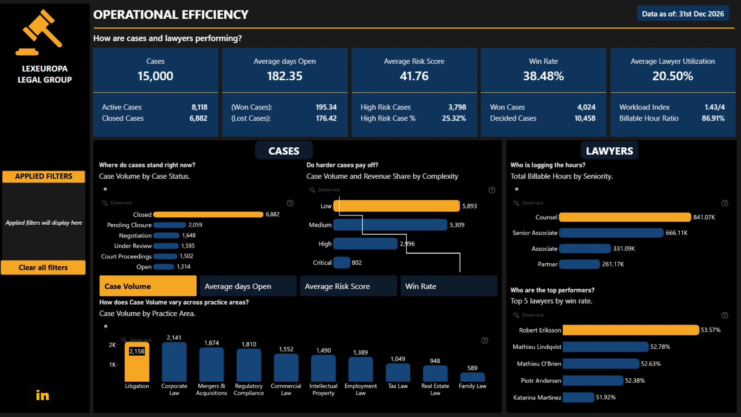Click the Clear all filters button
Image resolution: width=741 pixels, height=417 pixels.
(x=43, y=268)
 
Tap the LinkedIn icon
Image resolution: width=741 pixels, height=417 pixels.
(x=42, y=395)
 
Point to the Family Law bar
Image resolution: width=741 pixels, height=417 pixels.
(x=472, y=377)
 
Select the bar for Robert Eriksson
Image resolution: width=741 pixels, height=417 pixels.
(x=631, y=330)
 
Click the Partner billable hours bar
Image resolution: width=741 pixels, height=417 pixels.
(x=579, y=264)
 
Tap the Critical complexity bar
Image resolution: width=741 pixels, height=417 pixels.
(x=342, y=263)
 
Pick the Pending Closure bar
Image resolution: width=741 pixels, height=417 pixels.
(x=169, y=225)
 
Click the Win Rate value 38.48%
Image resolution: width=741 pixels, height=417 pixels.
(x=543, y=76)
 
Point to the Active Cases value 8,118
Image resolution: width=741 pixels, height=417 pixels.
(x=200, y=107)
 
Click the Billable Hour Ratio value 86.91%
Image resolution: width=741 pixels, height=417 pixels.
(x=713, y=118)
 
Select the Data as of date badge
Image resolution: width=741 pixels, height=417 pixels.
(x=683, y=14)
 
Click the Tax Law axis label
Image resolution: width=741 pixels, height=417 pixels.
(x=398, y=386)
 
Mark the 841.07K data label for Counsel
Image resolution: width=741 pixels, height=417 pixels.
(x=704, y=217)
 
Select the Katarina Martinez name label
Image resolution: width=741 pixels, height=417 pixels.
(x=537, y=397)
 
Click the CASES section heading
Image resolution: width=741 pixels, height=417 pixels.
(x=284, y=151)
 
